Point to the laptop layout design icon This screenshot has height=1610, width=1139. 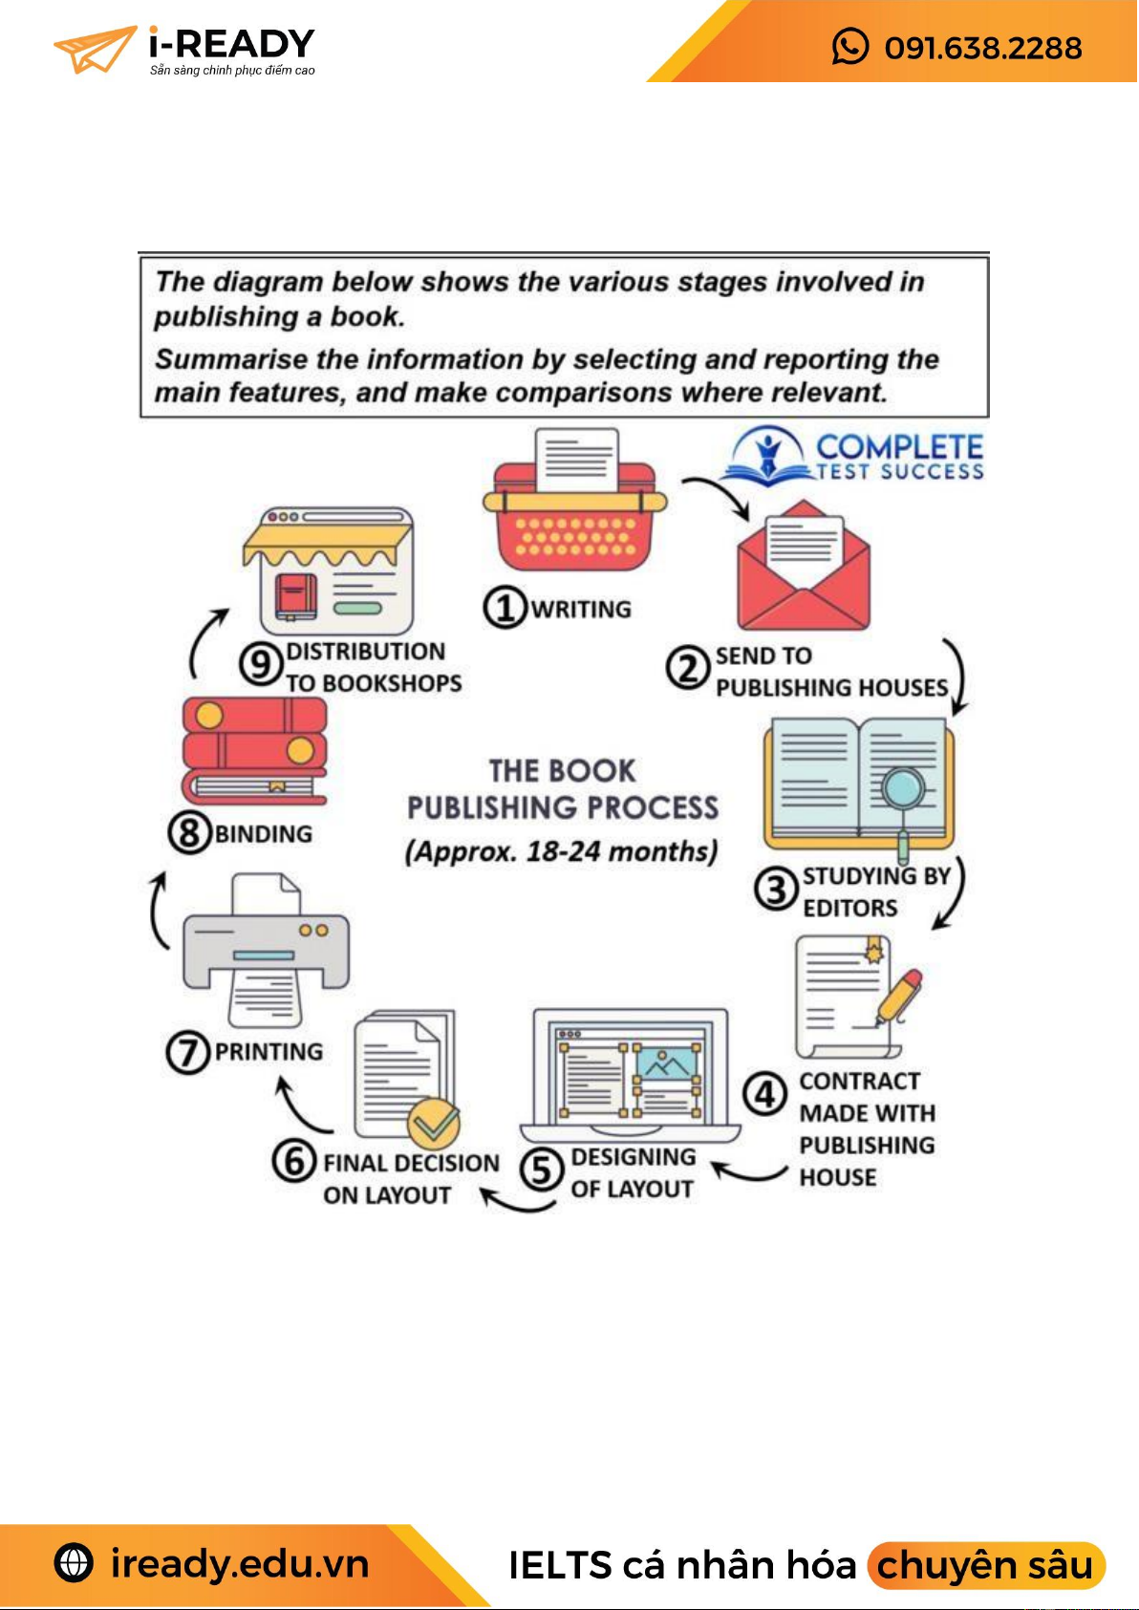[x=631, y=1075]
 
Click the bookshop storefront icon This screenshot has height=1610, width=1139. [x=328, y=571]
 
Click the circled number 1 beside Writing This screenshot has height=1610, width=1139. [x=505, y=608]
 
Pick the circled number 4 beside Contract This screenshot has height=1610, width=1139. [x=765, y=1095]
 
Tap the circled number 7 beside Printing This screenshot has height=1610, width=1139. [x=187, y=1052]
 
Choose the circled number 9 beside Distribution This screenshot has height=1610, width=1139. [x=260, y=664]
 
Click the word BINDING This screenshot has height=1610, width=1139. [x=264, y=834]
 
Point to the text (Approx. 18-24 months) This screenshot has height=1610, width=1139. [x=562, y=851]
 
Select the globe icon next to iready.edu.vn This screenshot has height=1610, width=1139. [x=75, y=1563]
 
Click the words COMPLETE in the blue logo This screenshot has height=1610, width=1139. [x=899, y=446]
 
